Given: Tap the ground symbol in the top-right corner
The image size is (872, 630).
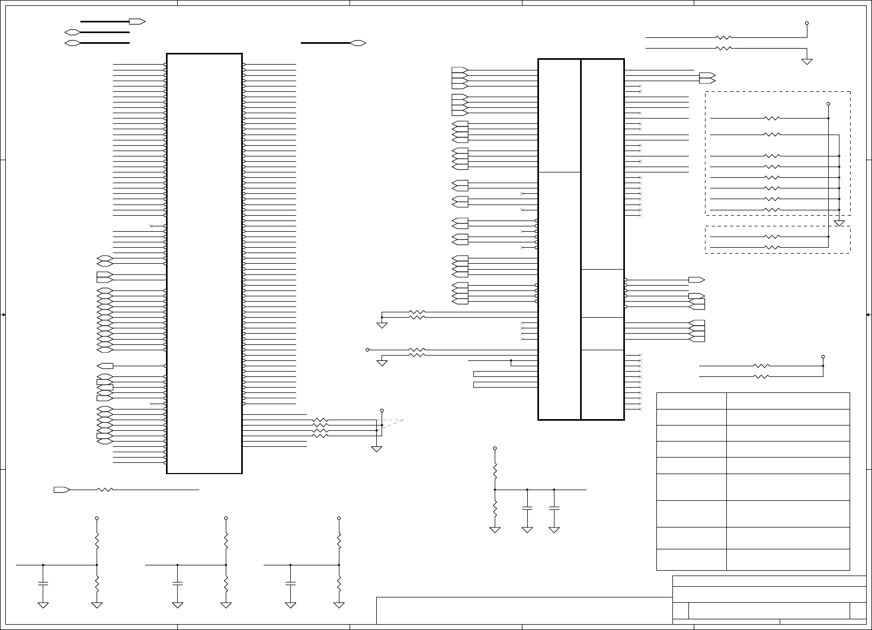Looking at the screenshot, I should (x=807, y=61).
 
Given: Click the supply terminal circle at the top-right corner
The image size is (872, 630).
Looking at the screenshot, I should (x=807, y=23).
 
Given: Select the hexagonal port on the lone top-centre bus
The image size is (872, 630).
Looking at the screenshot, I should (x=358, y=43).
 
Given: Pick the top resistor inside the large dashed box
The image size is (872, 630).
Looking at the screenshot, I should (x=772, y=118).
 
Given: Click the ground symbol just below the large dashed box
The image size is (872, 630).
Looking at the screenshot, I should (x=839, y=223).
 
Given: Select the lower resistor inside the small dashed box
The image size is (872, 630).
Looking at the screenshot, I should (x=772, y=247).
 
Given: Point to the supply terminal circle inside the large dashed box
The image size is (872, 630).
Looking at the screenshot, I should (x=828, y=104).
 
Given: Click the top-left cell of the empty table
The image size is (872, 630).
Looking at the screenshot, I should (x=691, y=401).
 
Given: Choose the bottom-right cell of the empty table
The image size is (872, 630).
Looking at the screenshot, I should (x=788, y=560).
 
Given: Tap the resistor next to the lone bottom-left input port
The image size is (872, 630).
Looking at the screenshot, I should (x=106, y=490).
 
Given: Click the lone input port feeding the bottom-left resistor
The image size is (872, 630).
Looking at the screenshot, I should (x=61, y=490).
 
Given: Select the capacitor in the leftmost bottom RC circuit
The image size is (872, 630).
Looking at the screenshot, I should (x=43, y=583).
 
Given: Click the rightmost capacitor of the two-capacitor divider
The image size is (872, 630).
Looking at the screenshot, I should (x=554, y=509).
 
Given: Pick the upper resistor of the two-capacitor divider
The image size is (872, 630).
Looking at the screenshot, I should (x=495, y=471).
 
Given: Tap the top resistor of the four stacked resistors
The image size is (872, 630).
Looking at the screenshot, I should (x=320, y=420).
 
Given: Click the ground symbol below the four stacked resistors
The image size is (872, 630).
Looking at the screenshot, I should (x=377, y=449).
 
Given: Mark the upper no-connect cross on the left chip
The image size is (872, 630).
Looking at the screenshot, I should (x=151, y=226).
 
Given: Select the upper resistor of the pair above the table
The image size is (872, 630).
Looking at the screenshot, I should (x=762, y=366).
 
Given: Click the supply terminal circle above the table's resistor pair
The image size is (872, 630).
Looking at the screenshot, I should (x=823, y=357).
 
